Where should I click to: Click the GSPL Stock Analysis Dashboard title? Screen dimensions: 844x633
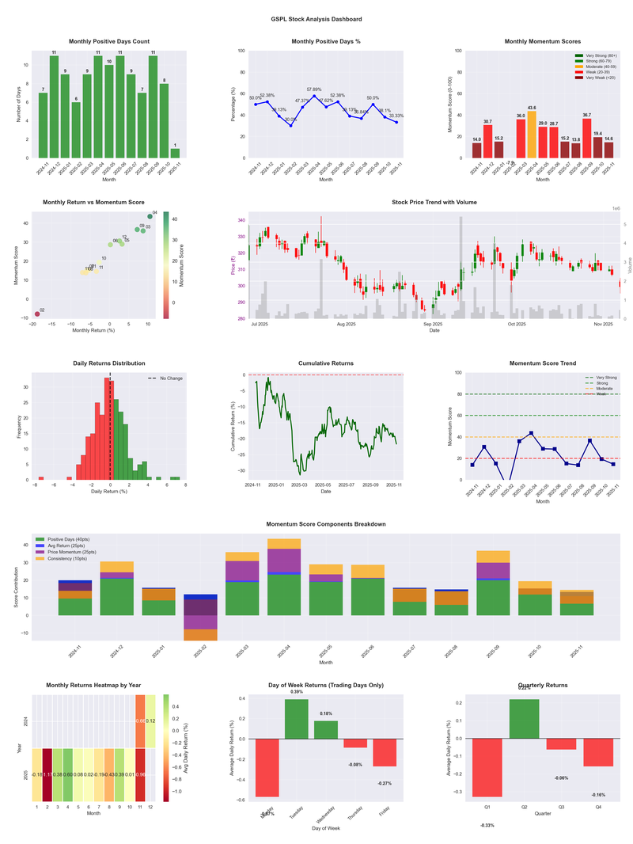pos(316,18)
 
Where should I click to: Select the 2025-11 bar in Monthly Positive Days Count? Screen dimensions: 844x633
pos(175,154)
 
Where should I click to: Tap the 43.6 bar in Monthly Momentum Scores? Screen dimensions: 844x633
pos(532,135)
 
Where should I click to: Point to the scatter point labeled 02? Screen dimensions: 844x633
pos(36,314)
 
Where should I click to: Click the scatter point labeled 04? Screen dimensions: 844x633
pos(150,216)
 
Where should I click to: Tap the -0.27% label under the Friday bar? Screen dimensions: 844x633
pos(385,783)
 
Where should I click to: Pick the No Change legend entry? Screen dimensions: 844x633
pos(166,378)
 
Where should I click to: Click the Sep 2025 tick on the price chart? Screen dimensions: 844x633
pos(432,324)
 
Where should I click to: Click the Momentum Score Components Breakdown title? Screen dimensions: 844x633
pos(326,524)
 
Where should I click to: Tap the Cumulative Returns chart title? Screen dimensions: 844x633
pos(326,363)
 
